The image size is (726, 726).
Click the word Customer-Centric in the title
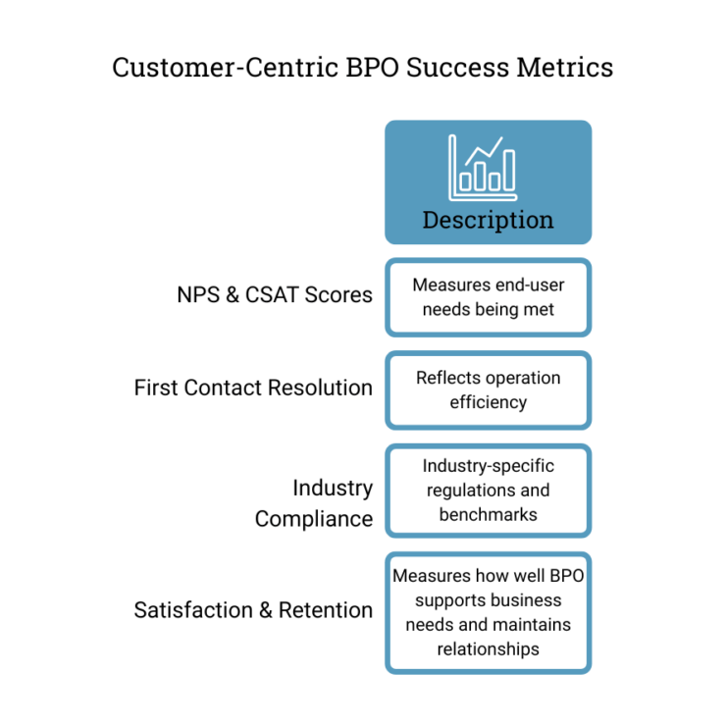226,68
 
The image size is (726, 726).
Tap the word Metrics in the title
565,68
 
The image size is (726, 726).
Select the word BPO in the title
372,68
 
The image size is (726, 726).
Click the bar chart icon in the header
483,168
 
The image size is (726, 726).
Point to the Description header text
488,220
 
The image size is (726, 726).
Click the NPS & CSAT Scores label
275,295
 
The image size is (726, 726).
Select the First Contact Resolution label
253,388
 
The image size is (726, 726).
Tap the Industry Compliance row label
314,503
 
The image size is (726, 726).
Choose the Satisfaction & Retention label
253,610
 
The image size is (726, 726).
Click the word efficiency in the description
488,402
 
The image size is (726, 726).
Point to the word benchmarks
488,514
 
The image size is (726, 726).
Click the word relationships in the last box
488,649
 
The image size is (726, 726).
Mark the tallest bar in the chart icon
509,170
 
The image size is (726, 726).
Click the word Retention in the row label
326,610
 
